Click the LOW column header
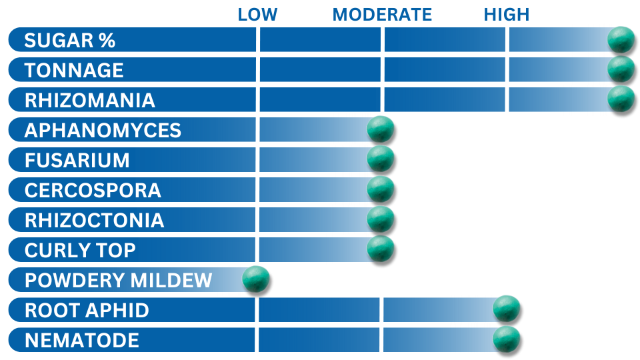point(257,15)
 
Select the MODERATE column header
point(382,15)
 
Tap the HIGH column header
point(507,15)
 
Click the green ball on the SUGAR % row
point(621,39)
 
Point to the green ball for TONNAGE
point(621,69)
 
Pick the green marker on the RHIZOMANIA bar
point(621,99)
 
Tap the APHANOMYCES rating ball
point(381,129)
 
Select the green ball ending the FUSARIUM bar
point(381,159)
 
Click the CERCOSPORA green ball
point(381,189)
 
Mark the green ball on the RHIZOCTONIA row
point(381,219)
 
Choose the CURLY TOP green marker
point(381,249)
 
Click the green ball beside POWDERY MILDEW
point(256,279)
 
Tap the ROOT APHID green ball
point(506,309)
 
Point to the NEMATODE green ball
point(506,339)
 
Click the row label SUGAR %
point(70,41)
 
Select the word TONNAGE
point(74,70)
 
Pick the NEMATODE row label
point(82,341)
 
